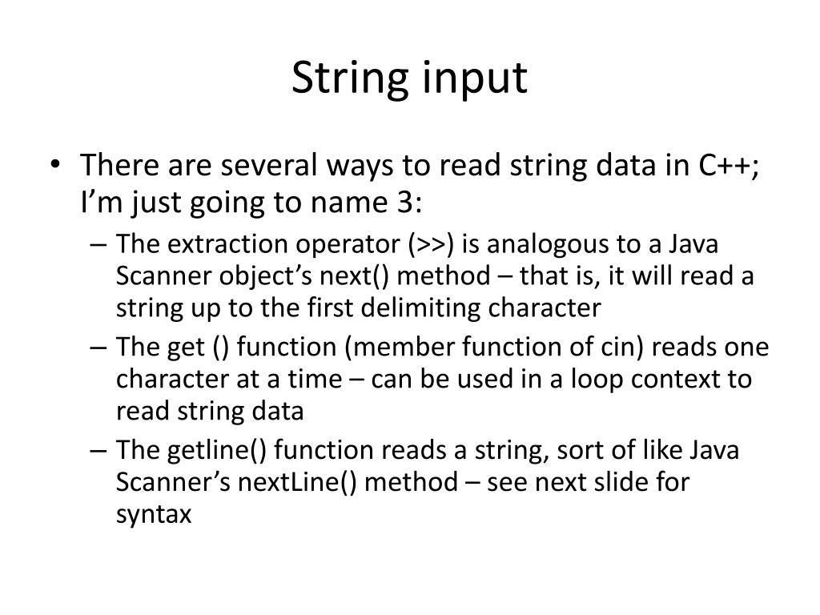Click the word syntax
click(155, 514)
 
